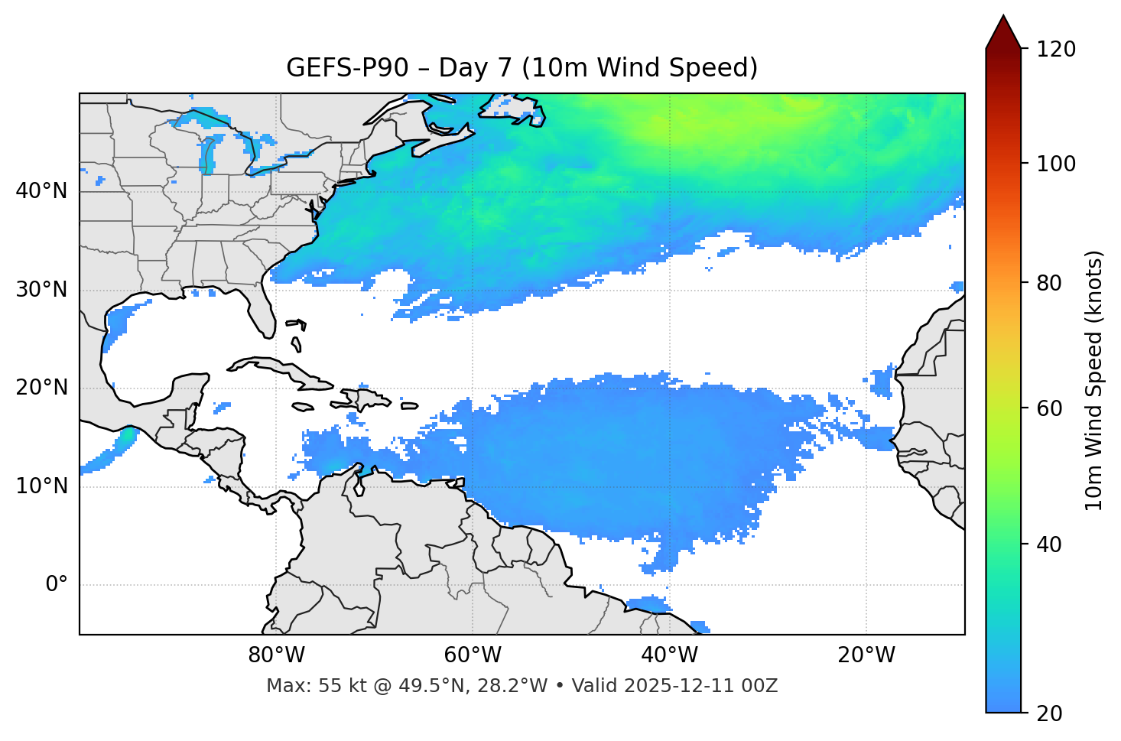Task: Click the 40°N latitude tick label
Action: point(41,191)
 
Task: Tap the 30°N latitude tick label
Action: point(41,290)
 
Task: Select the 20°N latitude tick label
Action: point(41,388)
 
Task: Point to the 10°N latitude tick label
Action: point(41,486)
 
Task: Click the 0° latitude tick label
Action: point(57,585)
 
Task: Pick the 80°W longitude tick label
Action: point(276,655)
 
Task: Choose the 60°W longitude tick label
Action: point(473,655)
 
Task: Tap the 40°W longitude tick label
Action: point(669,655)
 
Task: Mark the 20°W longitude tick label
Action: point(866,655)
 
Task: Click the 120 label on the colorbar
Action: point(1057,50)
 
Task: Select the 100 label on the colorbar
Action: point(1057,164)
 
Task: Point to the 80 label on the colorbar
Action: point(1050,283)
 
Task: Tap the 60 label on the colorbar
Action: point(1050,408)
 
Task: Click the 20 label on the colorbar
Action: point(1050,713)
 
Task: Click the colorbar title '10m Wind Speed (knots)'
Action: point(1094,381)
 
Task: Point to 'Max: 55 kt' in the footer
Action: point(304,686)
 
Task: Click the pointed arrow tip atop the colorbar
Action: point(1003,18)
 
